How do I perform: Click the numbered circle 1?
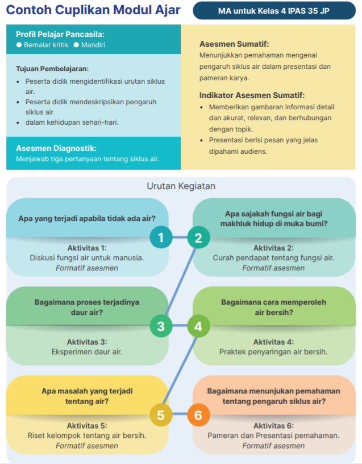[161, 237]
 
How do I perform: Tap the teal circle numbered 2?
[198, 237]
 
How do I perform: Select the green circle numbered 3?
[161, 326]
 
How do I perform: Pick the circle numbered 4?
[198, 326]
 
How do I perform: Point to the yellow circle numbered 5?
[161, 415]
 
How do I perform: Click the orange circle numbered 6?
[198, 415]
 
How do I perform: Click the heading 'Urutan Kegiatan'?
[181, 186]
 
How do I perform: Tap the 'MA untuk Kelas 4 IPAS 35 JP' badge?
[274, 11]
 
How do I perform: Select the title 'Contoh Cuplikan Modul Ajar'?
[93, 10]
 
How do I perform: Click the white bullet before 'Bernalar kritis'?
[19, 45]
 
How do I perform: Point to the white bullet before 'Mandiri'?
[76, 45]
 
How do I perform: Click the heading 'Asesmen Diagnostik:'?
[56, 148]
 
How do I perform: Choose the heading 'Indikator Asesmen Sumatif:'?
[252, 95]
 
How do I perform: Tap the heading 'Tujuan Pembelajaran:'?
[52, 69]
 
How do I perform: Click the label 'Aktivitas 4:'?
[274, 342]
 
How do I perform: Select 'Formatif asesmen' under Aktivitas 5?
[87, 446]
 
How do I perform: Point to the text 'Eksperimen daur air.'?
[87, 352]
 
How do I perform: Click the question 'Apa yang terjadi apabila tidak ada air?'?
[87, 219]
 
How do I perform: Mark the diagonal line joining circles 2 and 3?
[180, 282]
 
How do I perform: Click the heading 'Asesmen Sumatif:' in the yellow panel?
[234, 44]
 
